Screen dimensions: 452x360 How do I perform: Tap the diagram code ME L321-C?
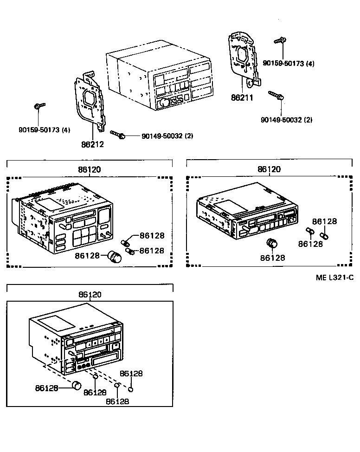click(334, 278)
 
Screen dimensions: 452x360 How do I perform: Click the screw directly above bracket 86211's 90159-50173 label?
click(280, 41)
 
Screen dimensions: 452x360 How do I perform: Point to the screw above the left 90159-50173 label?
click(39, 107)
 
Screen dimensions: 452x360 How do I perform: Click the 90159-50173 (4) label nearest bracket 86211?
click(288, 63)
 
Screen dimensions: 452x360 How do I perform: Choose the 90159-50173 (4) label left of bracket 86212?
click(44, 130)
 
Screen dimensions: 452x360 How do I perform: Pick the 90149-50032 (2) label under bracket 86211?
click(286, 120)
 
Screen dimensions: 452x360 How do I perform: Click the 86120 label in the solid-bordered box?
click(90, 294)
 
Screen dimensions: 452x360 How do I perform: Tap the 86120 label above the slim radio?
click(269, 169)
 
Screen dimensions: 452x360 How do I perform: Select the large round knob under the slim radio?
click(271, 244)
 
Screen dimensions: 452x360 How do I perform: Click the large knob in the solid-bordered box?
click(76, 385)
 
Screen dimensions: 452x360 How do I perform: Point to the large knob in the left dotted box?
click(114, 256)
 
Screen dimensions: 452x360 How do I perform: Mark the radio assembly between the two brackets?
click(158, 77)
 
